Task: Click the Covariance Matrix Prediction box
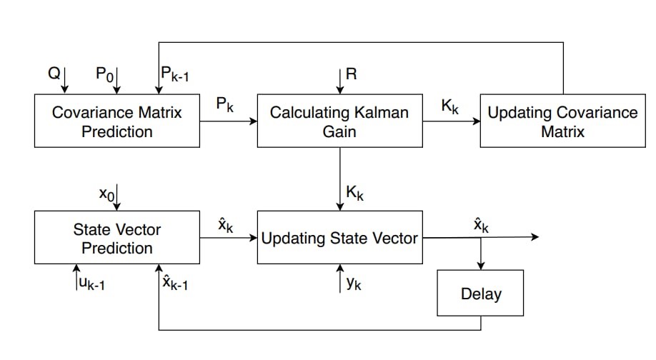(116, 121)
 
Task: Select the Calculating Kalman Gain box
(339, 121)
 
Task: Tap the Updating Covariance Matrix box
(562, 121)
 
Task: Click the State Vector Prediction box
(116, 239)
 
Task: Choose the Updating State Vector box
(339, 239)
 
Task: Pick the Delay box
(481, 293)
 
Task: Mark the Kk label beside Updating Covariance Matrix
(450, 106)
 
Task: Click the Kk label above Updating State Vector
(354, 193)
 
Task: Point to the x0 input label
(105, 193)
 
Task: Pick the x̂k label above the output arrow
(481, 226)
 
